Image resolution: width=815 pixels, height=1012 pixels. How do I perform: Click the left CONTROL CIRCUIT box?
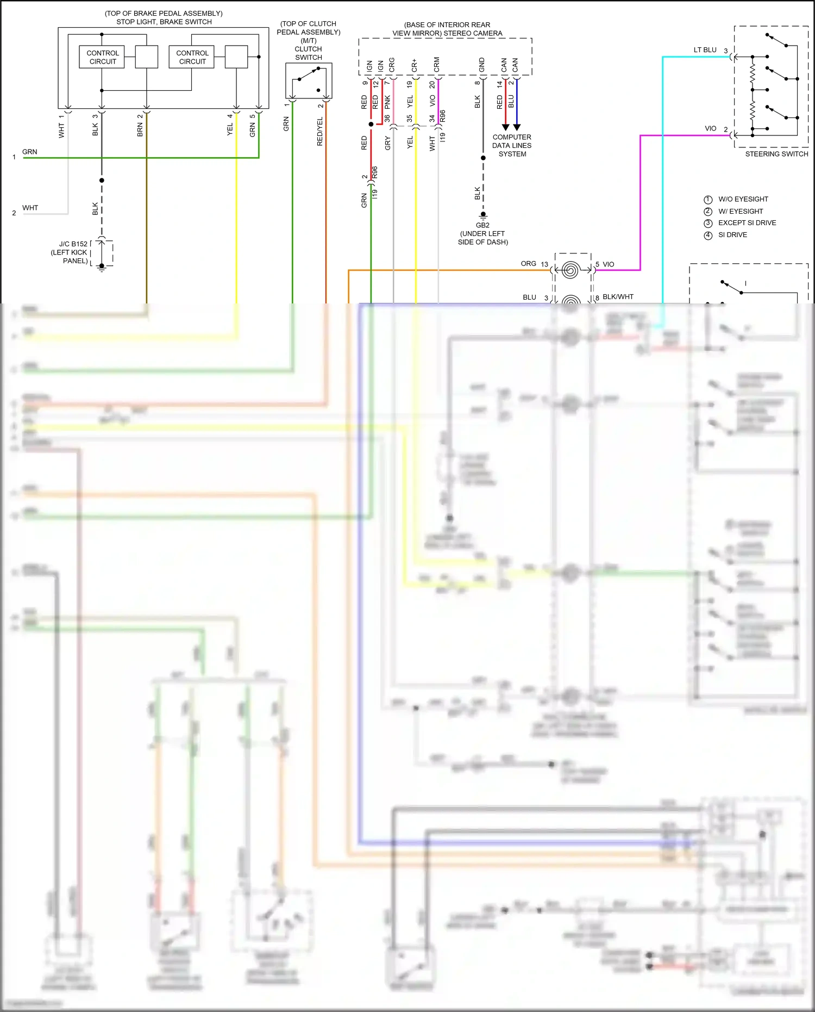point(102,57)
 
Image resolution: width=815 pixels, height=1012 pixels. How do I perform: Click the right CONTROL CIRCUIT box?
point(192,57)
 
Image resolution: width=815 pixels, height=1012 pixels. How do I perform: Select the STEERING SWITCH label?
point(776,154)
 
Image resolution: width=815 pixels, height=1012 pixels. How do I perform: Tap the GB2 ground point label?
point(482,225)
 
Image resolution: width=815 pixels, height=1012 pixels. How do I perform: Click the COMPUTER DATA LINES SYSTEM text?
point(512,146)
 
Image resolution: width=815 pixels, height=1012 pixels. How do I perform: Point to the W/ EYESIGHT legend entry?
point(740,211)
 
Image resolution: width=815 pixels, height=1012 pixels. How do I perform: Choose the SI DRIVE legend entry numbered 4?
point(732,235)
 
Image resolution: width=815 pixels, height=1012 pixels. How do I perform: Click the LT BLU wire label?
point(705,50)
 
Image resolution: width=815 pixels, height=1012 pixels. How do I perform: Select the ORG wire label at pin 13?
point(528,264)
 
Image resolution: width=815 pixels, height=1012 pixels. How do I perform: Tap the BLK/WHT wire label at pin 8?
point(618,297)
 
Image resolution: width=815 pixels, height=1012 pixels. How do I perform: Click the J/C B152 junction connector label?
point(73,244)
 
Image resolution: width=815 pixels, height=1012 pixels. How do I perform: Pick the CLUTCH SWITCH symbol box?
point(309,80)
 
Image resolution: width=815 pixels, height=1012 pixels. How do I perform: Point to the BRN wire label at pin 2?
point(140,129)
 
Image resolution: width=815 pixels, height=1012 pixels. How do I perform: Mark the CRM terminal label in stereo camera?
point(436,65)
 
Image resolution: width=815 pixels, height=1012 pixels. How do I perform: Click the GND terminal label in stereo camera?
point(481,65)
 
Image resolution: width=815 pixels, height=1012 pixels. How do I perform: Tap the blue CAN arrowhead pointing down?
point(517,127)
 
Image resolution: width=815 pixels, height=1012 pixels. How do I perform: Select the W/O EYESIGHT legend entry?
point(743,199)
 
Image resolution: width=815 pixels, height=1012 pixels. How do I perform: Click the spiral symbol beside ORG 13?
point(570,270)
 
